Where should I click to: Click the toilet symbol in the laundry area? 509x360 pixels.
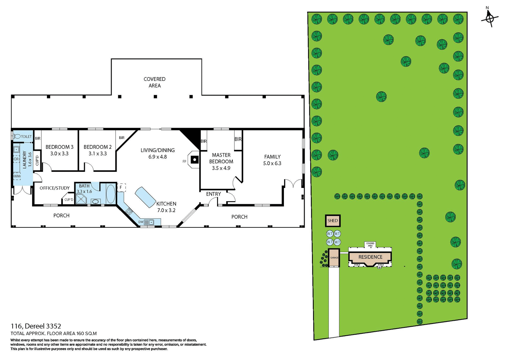pos(17,137)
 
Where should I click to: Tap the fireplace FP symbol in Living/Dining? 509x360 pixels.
pos(194,160)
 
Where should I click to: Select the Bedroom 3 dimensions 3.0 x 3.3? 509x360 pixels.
pos(59,153)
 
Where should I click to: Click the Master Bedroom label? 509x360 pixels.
pos(221,158)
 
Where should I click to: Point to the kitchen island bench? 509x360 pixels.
pos(145,197)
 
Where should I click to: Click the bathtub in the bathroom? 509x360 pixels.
pos(111,194)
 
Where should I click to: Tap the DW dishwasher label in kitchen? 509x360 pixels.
pos(141,222)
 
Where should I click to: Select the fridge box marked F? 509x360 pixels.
pos(121,187)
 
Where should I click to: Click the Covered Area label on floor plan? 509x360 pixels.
pos(155,82)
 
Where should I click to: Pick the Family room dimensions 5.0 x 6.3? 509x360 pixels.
pos(272,163)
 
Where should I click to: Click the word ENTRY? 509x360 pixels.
pos(213,194)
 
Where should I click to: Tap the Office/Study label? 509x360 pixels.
pos(55,188)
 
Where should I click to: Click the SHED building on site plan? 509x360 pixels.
pos(332,221)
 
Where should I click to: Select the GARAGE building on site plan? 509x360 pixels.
pos(334,258)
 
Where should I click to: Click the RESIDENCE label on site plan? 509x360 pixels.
pos(370,257)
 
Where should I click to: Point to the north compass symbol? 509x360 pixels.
pos(490,18)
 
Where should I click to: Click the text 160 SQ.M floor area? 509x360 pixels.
pos(86,333)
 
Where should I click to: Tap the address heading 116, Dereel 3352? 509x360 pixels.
pos(36,326)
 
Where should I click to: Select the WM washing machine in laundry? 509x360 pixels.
pos(17,176)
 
